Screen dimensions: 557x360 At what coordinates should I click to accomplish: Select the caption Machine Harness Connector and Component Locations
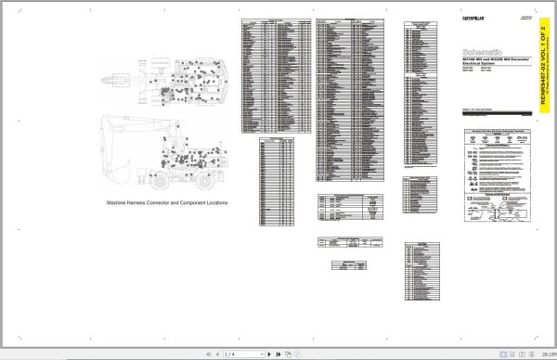167,201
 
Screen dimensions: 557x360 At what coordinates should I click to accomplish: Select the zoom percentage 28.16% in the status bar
542,354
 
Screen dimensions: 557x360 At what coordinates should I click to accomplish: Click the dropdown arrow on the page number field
263,354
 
